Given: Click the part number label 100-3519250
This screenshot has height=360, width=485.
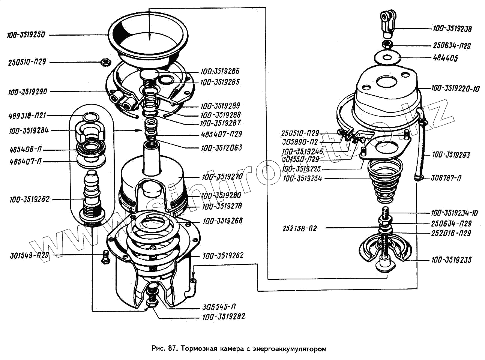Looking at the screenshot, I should (26, 35).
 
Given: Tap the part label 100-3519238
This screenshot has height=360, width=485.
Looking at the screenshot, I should (452, 28).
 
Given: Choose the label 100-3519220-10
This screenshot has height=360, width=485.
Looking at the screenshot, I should (455, 89).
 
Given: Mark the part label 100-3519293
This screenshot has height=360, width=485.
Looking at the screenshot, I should (450, 154).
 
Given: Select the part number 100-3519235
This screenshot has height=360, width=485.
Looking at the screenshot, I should (451, 260).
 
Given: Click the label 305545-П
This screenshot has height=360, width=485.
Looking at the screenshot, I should (219, 306).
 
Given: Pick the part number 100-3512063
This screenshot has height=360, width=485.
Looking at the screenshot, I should (221, 148).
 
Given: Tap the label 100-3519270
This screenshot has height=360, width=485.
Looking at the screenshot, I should (222, 176).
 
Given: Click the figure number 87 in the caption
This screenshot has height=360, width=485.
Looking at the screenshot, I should (172, 348).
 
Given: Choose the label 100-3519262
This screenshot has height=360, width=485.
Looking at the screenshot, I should (223, 256).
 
